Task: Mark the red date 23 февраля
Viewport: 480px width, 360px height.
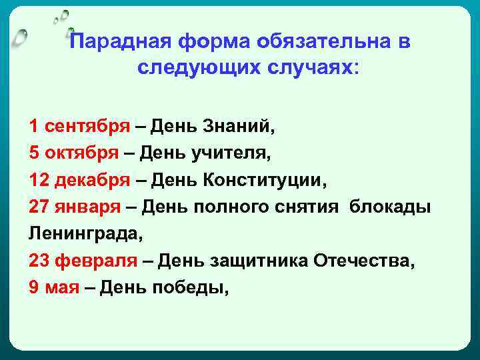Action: tap(83, 262)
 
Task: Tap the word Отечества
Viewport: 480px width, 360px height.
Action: tap(362, 262)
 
